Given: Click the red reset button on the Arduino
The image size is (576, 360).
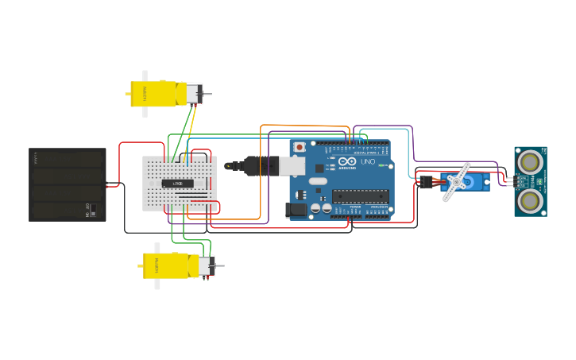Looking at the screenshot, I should click(x=300, y=147).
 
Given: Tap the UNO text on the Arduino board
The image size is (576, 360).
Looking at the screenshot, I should click(x=368, y=161).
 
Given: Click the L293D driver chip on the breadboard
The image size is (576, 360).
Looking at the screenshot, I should click(x=178, y=184).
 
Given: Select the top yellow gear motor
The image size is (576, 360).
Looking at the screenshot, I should click(x=159, y=93).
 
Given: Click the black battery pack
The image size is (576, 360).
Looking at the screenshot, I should click(x=68, y=184).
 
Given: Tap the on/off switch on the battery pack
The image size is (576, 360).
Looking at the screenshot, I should click(x=92, y=211).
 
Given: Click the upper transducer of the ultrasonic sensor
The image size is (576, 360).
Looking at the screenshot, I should click(x=530, y=161).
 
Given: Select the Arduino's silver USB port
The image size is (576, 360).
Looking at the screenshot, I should click(x=292, y=165).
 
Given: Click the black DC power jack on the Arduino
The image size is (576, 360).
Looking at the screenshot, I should click(x=295, y=210).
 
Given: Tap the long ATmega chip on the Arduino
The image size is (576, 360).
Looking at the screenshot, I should click(x=360, y=196).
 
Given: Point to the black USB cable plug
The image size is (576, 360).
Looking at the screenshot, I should click(x=258, y=166).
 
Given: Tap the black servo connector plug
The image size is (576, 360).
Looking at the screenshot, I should click(x=426, y=183).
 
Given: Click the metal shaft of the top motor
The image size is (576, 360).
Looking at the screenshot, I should click(x=207, y=95).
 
